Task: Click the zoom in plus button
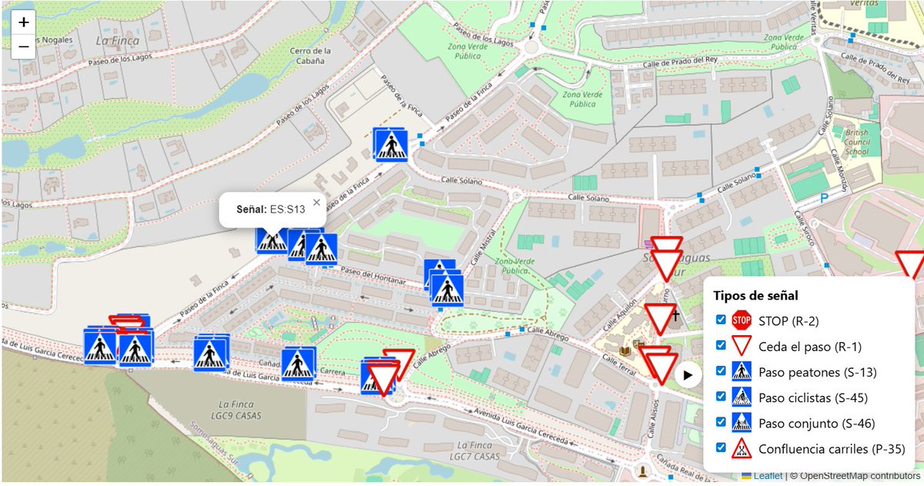24,22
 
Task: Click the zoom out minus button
24,46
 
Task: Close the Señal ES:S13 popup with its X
316,203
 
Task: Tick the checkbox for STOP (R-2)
721,320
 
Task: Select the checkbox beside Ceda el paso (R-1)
721,345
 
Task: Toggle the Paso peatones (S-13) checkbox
721,370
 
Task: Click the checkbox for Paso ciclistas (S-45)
721,397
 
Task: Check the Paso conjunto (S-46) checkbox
721,422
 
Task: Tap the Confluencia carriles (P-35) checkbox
721,447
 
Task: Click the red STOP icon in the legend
742,320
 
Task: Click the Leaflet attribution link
768,476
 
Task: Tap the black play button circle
688,376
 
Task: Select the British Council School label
856,142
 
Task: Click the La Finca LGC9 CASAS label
242,410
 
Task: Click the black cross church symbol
675,315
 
